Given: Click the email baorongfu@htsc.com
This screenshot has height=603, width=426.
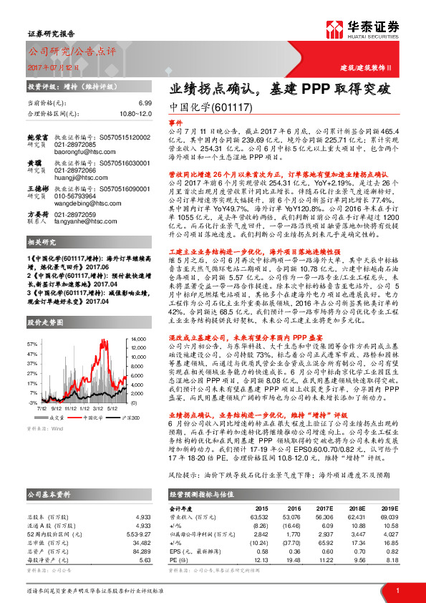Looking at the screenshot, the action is [x=84, y=152].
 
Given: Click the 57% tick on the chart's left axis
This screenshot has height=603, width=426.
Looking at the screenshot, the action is [x=32, y=344].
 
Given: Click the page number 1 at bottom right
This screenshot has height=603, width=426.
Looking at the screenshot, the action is [x=397, y=589].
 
